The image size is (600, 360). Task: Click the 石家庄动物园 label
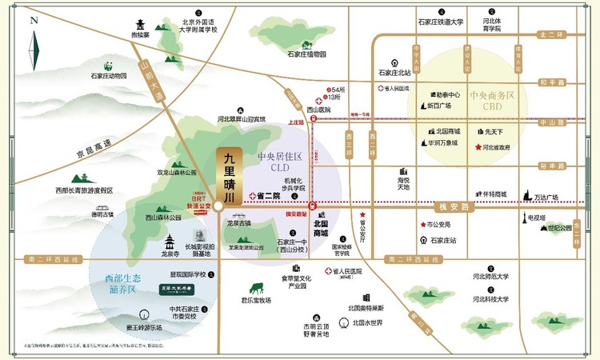(x=109, y=76)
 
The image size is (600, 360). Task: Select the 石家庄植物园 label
(x=307, y=54)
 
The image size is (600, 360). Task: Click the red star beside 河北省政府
(x=478, y=147)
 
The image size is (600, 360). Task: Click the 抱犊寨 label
(x=141, y=36)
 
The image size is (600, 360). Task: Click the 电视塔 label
(x=537, y=217)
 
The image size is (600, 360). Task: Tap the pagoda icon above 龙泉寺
(x=169, y=242)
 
